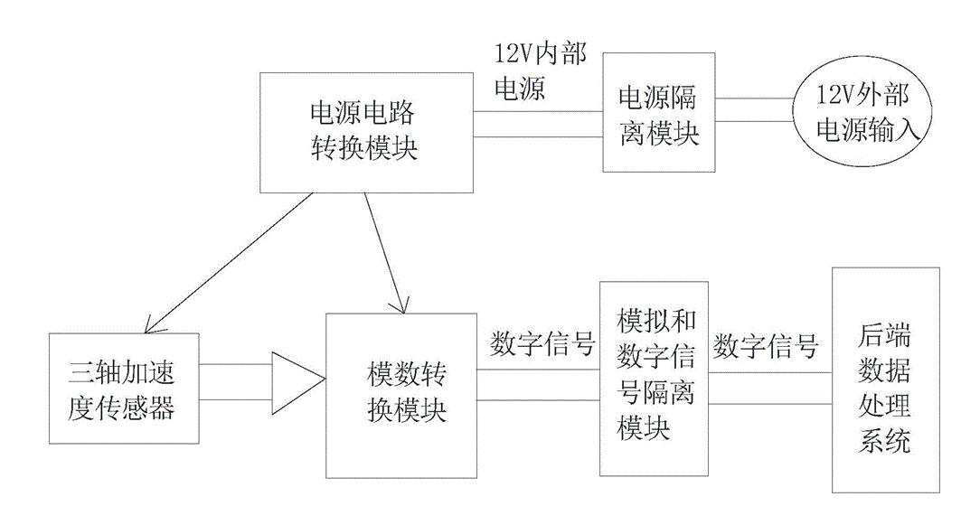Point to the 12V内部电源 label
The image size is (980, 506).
(x=538, y=72)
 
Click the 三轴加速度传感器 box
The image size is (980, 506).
(x=122, y=389)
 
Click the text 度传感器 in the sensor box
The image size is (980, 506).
(x=122, y=408)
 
